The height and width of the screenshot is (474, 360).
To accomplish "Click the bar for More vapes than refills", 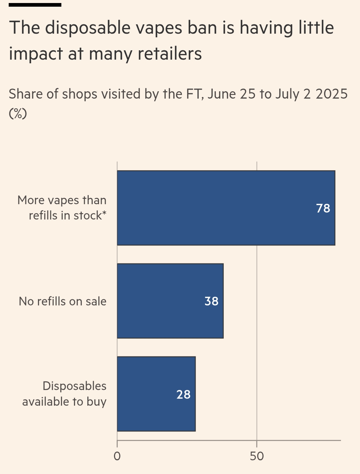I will tap(217, 208).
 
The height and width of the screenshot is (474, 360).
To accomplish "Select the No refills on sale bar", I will tap(160, 301).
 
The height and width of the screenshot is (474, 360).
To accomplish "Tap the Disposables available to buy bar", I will tap(147, 394).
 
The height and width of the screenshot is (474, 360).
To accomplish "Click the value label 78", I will tap(323, 208).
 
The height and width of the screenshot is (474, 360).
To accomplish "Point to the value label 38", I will tap(211, 301).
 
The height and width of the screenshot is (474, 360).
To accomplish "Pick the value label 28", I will tap(183, 394).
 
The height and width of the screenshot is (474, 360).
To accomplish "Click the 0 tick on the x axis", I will tap(117, 456).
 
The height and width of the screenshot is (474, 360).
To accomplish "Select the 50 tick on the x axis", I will tap(257, 456).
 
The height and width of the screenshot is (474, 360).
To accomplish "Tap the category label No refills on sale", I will tap(63, 301).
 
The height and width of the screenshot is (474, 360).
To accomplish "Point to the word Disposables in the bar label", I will tap(74, 386).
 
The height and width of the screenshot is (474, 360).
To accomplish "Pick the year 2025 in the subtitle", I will tap(332, 94).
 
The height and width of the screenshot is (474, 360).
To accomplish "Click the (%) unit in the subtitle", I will tap(18, 113).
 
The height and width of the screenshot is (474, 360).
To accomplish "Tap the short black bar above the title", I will tap(35, 5).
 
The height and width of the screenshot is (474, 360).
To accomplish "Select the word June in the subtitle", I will tap(222, 94).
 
